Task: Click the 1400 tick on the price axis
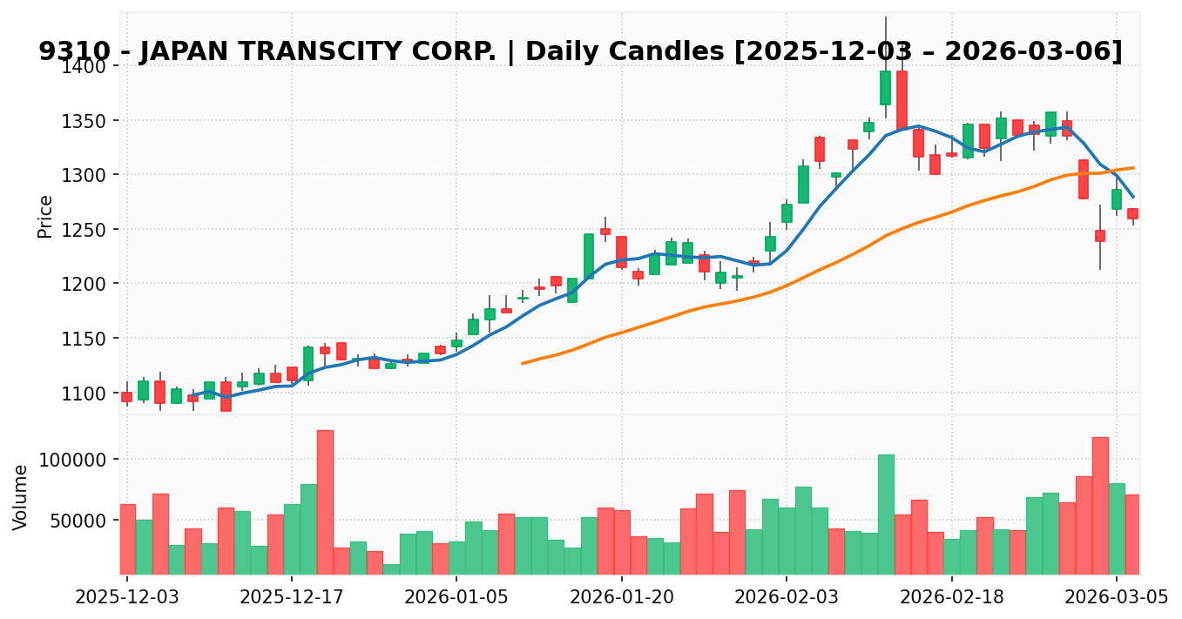(x=88, y=66)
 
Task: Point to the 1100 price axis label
(x=88, y=394)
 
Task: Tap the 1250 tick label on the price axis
(x=88, y=230)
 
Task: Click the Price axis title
(x=45, y=216)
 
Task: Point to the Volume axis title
(x=21, y=496)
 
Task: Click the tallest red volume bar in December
(x=325, y=501)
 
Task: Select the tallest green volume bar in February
(x=886, y=514)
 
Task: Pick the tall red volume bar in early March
(x=1100, y=505)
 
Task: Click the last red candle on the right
(x=1132, y=213)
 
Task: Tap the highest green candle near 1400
(x=885, y=88)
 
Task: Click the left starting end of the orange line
(x=523, y=363)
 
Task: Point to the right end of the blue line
(x=1133, y=197)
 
